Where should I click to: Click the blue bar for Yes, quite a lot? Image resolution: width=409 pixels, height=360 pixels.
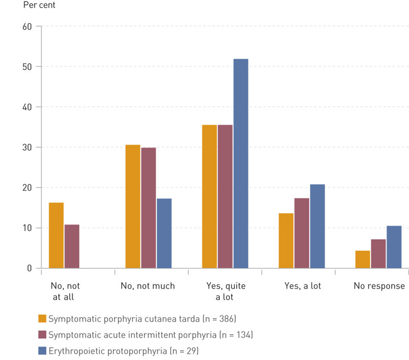240,163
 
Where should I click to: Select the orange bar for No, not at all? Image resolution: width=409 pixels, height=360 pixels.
56,235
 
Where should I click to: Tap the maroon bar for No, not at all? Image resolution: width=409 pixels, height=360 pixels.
72,246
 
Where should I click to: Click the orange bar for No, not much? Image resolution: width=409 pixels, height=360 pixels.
133,206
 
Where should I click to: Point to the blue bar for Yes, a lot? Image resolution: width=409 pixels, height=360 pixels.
317,226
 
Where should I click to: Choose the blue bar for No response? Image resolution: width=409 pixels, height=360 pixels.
394,247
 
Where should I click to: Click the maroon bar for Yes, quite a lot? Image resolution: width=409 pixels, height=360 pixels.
225,197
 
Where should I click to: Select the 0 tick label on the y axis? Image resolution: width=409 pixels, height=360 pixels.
29,269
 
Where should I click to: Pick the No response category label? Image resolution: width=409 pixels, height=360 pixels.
379,286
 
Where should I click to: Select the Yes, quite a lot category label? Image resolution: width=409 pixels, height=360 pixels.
225,291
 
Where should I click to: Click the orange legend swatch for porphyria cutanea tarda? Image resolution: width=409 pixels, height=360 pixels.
43,319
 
